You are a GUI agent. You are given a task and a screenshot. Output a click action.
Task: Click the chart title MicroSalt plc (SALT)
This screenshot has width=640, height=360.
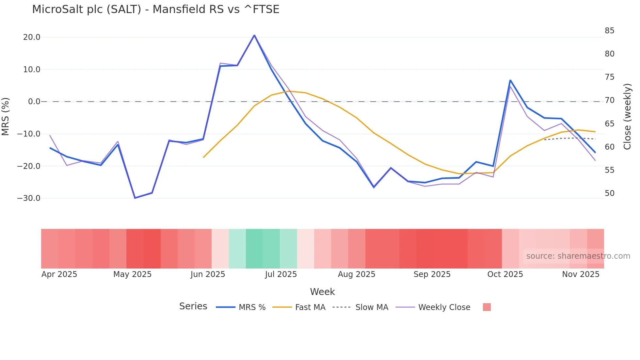pos(155,9)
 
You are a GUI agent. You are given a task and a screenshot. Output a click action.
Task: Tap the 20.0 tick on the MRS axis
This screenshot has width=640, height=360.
pos(32,37)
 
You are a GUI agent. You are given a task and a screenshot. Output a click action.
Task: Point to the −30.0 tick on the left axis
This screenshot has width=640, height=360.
pos(29,198)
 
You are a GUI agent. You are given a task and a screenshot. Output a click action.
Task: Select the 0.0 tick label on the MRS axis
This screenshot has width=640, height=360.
pos(34,102)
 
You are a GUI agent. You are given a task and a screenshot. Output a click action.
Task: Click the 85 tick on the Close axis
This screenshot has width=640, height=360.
pos(609,31)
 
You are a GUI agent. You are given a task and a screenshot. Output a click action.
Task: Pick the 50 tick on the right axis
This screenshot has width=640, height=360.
pos(609,193)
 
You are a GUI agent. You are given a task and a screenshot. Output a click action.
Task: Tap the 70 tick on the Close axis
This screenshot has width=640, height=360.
pos(609,100)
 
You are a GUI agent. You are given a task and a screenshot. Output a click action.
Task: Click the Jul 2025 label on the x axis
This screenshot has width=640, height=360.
pos(281,274)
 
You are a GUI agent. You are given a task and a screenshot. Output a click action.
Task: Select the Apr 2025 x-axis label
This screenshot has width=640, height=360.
pos(59,274)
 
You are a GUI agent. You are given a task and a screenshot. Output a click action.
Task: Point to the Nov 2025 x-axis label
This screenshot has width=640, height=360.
pos(581,274)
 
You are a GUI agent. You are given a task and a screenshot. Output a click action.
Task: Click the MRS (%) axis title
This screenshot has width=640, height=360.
pos(5,116)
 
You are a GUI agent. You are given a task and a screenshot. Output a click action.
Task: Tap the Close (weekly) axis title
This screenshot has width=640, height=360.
pos(627,116)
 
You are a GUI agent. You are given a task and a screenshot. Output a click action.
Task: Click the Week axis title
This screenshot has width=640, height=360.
pos(322,292)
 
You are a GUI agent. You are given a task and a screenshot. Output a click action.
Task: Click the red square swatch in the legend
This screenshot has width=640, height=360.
pos(487,307)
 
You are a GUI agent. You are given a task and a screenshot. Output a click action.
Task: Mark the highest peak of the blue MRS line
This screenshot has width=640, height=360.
pos(254,35)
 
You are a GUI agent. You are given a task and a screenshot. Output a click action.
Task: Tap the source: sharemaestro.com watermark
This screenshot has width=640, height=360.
pos(578,256)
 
